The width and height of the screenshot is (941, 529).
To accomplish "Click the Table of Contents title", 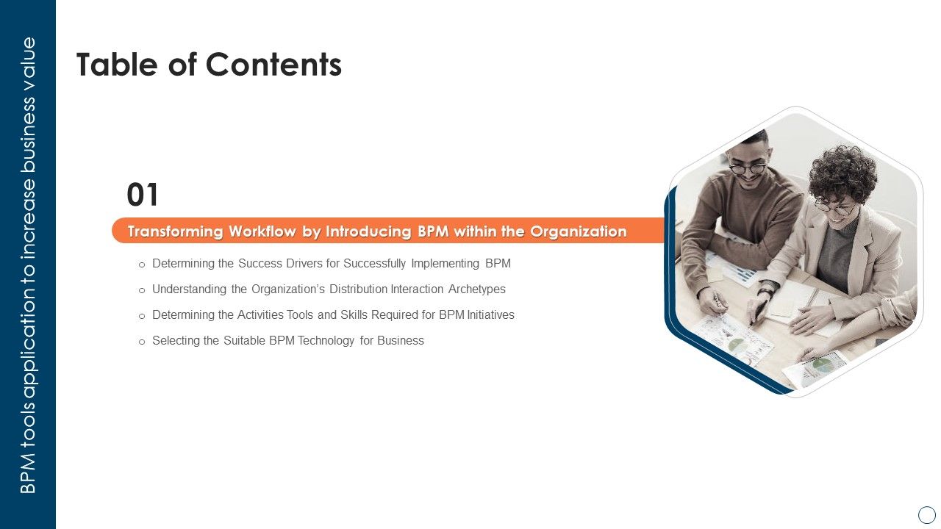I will click(209, 65).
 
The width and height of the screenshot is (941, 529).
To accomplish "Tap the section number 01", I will click(143, 195).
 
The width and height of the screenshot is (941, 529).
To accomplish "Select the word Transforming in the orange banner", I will click(175, 231).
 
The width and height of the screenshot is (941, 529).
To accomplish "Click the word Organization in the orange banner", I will click(579, 231).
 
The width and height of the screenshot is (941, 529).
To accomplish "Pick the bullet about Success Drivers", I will click(331, 263).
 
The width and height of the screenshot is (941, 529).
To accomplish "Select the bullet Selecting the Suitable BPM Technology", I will click(287, 340).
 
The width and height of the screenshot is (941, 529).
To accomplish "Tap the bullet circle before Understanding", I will click(142, 290).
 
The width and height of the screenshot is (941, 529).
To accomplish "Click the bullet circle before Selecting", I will click(142, 342).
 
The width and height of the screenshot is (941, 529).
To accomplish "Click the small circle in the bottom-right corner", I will click(927, 514).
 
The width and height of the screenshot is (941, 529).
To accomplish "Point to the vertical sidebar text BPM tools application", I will click(28, 264).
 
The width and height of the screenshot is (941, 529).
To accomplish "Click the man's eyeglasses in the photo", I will click(748, 168).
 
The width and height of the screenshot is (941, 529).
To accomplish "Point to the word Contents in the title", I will click(273, 65).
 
